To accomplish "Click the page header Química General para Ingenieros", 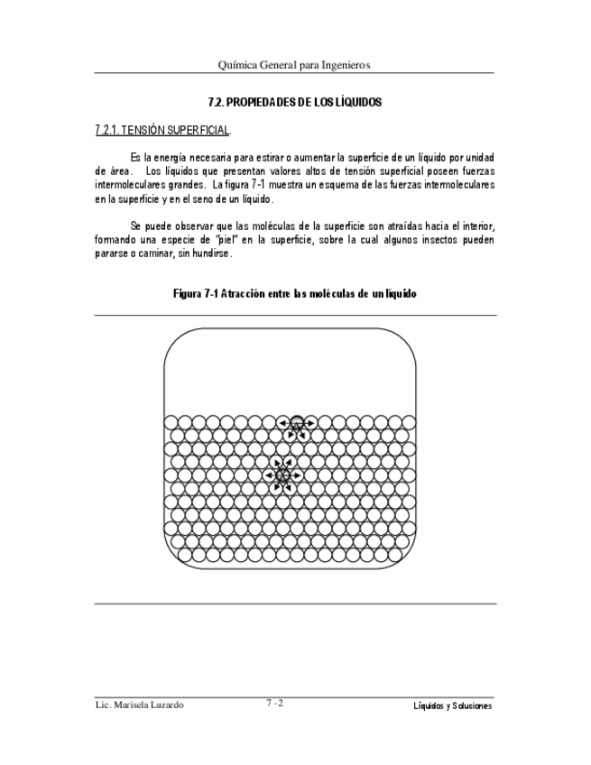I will coord(295,65).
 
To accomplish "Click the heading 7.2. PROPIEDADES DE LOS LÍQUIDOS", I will coord(295,103).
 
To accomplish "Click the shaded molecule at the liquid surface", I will coord(296,422).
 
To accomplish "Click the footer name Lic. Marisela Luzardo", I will coord(139,705).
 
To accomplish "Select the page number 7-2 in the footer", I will coord(275,704).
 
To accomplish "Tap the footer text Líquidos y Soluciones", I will coord(448,706).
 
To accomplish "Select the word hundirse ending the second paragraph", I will coord(213,253).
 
